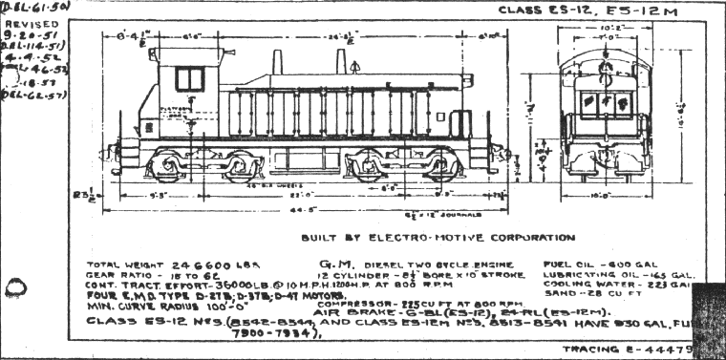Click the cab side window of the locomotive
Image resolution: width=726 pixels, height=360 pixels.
[189, 78]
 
